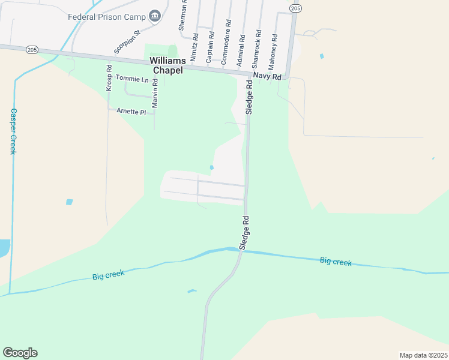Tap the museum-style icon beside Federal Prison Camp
click(155, 16)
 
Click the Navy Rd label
click(267, 76)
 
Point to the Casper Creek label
click(13, 131)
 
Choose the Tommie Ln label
click(132, 79)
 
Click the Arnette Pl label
click(131, 112)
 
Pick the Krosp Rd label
click(109, 78)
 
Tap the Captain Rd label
click(211, 47)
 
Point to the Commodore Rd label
click(226, 42)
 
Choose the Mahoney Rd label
click(274, 50)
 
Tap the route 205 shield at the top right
click(295, 7)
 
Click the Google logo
click(20, 353)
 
